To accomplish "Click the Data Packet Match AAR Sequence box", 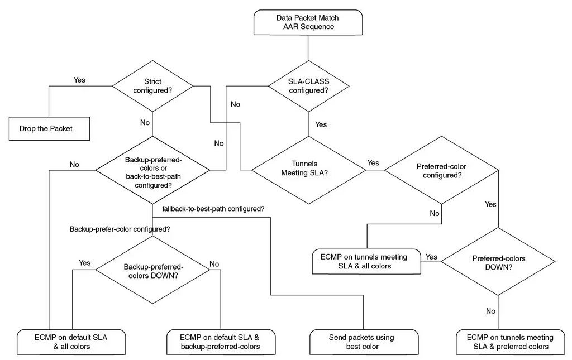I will click(x=307, y=22).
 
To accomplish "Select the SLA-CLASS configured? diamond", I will click(x=308, y=86).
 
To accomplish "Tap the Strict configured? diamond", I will click(x=152, y=86).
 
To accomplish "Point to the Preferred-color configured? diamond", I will click(x=441, y=171).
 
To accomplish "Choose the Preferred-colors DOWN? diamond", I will click(x=498, y=262).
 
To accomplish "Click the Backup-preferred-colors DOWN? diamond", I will click(x=152, y=271).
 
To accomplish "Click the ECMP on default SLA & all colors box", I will click(x=71, y=342).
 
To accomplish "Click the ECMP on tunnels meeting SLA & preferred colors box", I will click(x=510, y=342).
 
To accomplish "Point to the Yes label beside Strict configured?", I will click(x=79, y=80).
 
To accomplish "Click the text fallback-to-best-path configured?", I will click(x=213, y=209).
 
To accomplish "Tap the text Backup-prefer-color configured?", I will click(x=120, y=229).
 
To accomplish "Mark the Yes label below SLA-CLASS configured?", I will click(x=321, y=124).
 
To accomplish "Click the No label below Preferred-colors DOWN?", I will click(x=490, y=311).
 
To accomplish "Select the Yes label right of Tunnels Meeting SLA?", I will click(x=373, y=163).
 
